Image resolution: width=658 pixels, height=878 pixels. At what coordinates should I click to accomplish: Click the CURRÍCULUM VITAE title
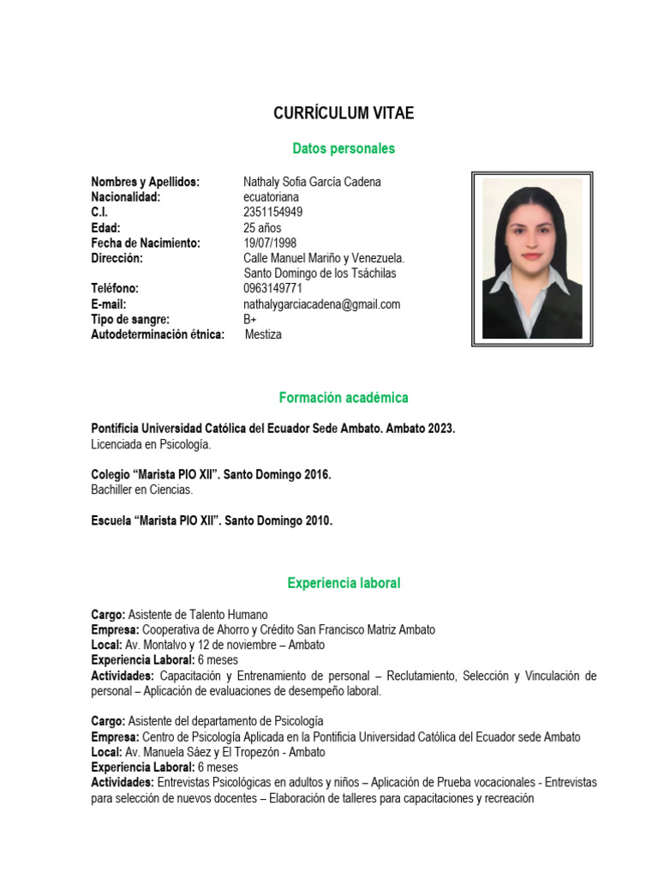[x=343, y=113]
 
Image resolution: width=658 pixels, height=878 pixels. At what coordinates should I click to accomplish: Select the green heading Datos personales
[x=344, y=148]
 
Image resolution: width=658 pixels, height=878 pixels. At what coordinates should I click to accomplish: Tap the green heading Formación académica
[x=344, y=398]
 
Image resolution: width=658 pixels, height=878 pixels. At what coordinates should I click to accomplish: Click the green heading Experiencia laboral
[x=344, y=583]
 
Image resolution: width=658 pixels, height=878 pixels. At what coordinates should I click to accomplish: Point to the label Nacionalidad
[x=126, y=197]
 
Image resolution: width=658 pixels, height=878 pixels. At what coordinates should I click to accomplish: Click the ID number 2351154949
[x=272, y=212]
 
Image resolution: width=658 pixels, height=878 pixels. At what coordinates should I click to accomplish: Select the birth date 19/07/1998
[x=270, y=243]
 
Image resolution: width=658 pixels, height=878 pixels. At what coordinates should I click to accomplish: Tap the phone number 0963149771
[x=272, y=289]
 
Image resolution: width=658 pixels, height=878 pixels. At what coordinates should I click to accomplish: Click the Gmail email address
[x=321, y=304]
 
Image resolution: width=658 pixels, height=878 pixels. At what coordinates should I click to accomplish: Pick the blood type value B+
[x=250, y=319]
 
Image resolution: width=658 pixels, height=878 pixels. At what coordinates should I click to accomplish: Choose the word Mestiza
[x=263, y=334]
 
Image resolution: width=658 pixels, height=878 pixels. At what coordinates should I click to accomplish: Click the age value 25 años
[x=262, y=227]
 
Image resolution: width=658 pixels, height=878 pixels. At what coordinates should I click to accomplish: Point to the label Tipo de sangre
[x=130, y=319]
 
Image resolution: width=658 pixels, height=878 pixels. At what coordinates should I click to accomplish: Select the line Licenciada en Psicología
[x=151, y=444]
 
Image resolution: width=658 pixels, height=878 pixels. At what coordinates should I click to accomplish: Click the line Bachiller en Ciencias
[x=142, y=490]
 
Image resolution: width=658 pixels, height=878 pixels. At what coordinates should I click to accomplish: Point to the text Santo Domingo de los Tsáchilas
[x=320, y=274]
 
